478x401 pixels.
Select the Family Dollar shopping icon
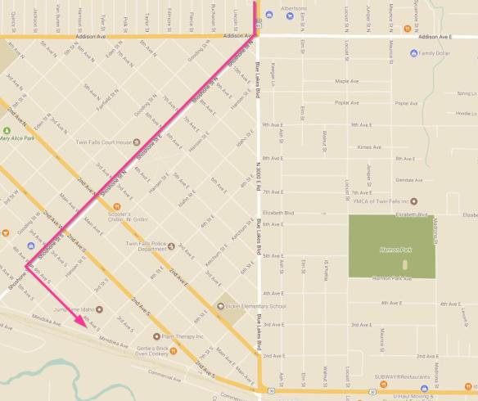[x=414, y=53]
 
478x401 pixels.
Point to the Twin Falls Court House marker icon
[x=136, y=142]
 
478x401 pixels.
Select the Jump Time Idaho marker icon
[x=99, y=309]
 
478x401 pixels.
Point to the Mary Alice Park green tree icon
[x=7, y=131]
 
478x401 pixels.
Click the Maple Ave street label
[x=348, y=81]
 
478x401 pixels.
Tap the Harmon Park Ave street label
[x=390, y=279]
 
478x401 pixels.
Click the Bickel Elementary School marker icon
[x=220, y=307]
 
